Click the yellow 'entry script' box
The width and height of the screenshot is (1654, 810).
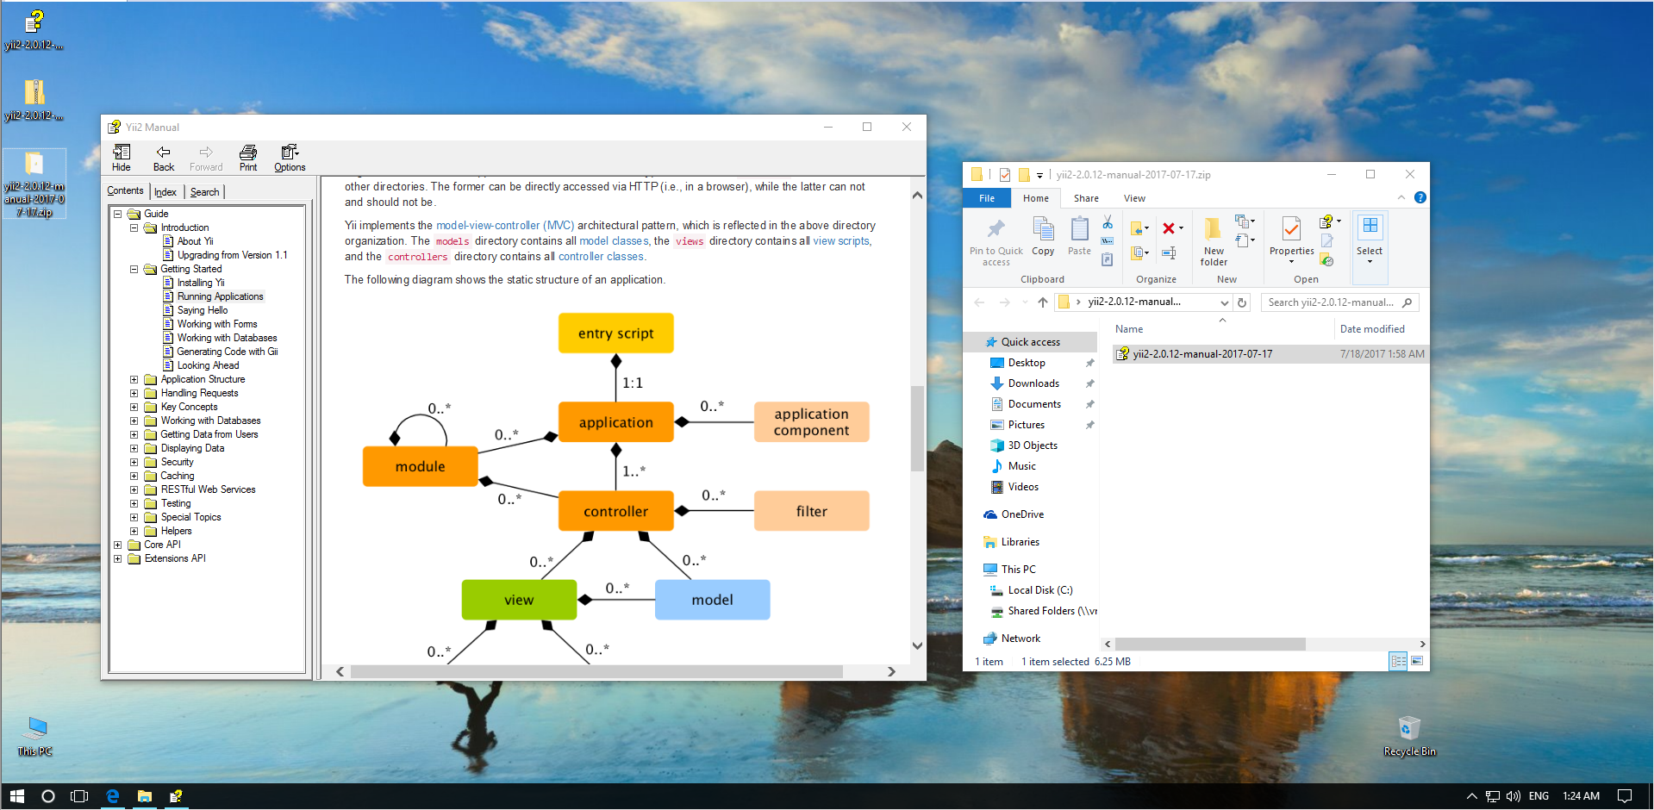615,333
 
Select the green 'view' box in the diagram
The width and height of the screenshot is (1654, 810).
519,600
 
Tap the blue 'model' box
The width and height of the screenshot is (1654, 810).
712,600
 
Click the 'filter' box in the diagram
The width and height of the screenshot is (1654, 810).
811,511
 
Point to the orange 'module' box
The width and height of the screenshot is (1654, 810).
420,466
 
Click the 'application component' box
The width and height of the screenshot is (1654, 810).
811,422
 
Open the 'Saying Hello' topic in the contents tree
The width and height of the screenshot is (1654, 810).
203,310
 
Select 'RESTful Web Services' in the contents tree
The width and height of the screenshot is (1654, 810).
208,489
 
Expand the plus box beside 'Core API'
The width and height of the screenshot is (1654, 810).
118,545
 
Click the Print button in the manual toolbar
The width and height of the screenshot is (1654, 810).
248,158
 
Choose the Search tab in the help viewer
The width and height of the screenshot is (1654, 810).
204,192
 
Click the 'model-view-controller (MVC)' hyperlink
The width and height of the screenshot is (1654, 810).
504,226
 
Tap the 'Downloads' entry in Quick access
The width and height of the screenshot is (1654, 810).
1033,383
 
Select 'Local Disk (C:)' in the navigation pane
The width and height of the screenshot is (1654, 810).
1040,590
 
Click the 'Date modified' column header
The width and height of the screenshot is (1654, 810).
1372,329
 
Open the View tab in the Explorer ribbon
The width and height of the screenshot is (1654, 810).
1134,198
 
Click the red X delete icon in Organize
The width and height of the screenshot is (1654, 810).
1169,228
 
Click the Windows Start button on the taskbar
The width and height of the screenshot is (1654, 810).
16,796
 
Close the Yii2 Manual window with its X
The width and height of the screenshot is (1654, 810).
907,127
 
